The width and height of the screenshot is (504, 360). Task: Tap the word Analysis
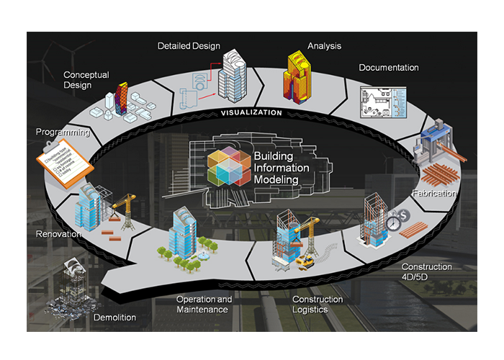[324, 46]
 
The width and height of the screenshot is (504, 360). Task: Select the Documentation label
[389, 68]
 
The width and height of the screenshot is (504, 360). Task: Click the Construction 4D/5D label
[426, 271]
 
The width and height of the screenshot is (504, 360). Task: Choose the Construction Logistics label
[318, 305]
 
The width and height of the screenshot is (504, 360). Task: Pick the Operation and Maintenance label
[204, 305]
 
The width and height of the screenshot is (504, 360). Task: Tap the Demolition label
[114, 317]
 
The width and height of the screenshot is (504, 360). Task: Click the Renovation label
[59, 234]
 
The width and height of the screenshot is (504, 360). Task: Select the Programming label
[63, 132]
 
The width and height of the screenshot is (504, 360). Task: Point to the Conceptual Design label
[87, 79]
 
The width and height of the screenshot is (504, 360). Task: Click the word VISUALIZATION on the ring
[251, 113]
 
